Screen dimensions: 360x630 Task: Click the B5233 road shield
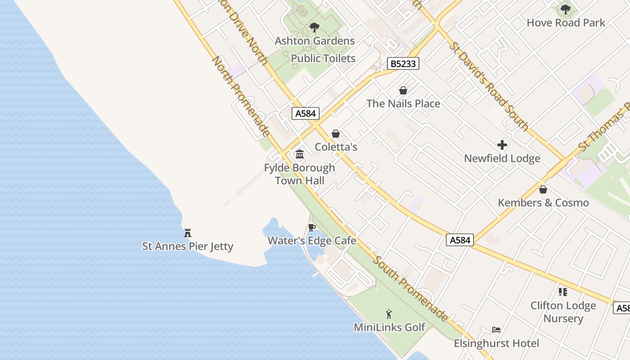(x=403, y=64)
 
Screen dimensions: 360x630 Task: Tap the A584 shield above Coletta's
(x=305, y=113)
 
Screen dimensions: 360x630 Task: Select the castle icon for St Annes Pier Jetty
(x=188, y=233)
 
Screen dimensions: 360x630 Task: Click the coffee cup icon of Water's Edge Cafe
(x=312, y=227)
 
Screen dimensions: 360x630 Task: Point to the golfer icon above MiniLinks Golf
(x=389, y=314)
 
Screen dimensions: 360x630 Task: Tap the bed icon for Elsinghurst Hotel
(x=496, y=330)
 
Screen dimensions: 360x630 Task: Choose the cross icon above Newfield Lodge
(x=502, y=145)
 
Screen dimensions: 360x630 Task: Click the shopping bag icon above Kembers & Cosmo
(x=543, y=189)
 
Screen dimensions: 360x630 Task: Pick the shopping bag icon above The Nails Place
(x=403, y=90)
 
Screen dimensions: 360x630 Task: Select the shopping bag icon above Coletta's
(x=336, y=134)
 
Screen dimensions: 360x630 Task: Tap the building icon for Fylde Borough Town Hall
(x=300, y=154)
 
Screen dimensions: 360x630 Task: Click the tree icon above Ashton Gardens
(x=315, y=27)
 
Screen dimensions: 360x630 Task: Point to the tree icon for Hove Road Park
(x=566, y=9)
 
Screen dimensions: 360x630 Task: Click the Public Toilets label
(x=323, y=58)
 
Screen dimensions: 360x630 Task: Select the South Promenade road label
(x=410, y=288)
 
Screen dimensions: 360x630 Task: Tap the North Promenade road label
(x=241, y=96)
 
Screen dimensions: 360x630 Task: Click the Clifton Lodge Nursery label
(x=563, y=312)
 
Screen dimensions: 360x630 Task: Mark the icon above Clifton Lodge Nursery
(x=562, y=292)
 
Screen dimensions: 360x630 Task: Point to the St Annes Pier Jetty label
(x=188, y=246)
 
